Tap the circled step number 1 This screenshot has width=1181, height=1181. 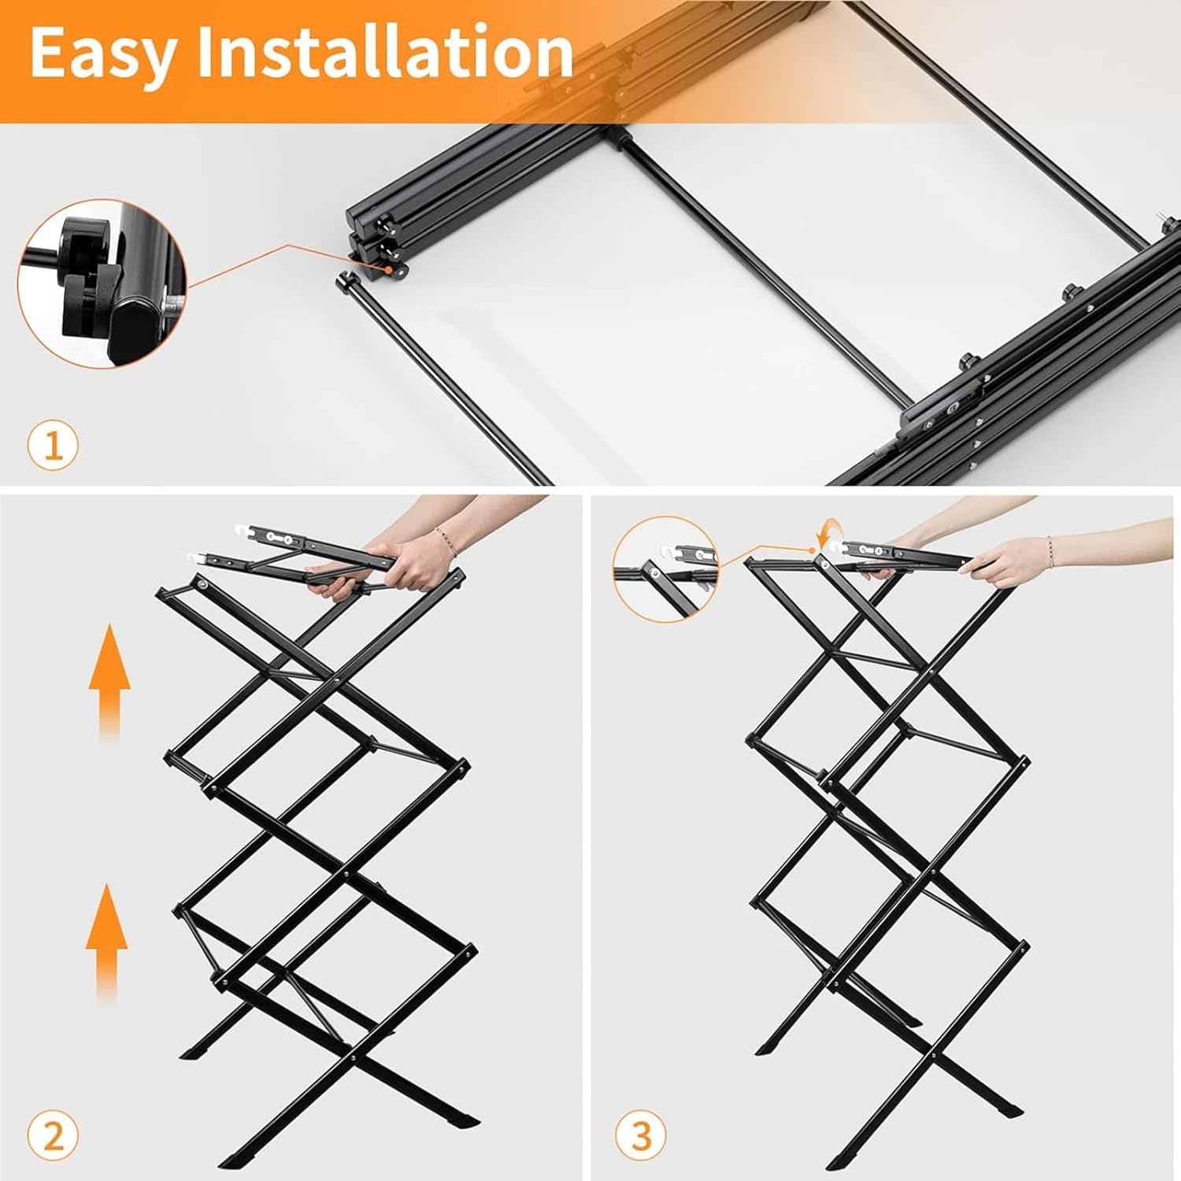click(54, 446)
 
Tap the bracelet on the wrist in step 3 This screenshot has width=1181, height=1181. click(1050, 546)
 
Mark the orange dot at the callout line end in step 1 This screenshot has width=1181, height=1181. click(389, 268)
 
